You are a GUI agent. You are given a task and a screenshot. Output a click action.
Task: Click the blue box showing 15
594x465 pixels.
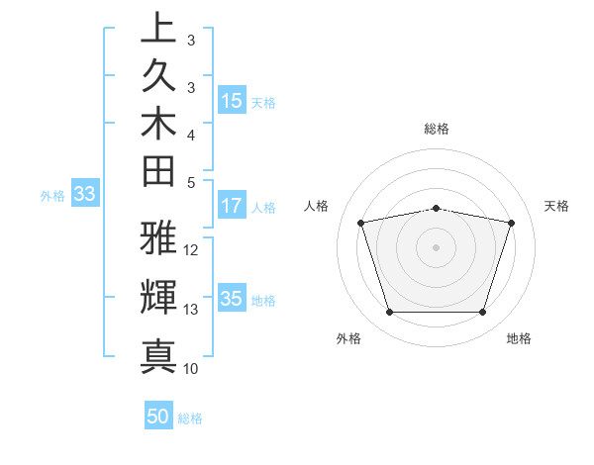(x=232, y=101)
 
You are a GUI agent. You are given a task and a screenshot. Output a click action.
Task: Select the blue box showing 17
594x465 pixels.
(x=232, y=207)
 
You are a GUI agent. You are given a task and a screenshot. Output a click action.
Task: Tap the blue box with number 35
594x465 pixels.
(x=232, y=300)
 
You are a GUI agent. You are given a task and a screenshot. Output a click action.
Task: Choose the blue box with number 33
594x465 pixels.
(x=84, y=195)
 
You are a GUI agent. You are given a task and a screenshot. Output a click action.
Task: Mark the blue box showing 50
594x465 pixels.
(x=158, y=417)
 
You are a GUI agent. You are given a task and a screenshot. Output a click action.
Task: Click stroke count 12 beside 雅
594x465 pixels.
(x=191, y=249)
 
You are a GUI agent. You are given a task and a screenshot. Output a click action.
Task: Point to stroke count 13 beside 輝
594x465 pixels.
(x=191, y=310)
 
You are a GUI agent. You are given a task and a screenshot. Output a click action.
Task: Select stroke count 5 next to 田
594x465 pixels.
(x=191, y=182)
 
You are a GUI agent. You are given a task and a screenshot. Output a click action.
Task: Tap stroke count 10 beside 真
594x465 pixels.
(x=191, y=368)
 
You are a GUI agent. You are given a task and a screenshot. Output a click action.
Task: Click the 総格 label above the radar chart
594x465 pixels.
(x=437, y=129)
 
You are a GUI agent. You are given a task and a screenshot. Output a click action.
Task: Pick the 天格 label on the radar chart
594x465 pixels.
(x=556, y=206)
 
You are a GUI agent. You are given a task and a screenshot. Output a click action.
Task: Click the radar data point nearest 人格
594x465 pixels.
(x=361, y=223)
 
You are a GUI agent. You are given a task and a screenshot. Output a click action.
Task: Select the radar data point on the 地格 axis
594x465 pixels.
(x=482, y=313)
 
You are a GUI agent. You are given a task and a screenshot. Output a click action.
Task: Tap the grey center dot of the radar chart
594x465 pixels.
(x=437, y=246)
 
